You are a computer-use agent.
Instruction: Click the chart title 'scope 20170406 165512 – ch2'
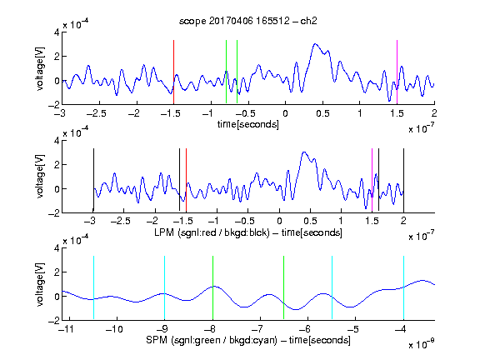[248, 21]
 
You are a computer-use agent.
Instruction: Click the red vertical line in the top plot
[173, 72]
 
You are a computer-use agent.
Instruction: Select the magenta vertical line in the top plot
[397, 72]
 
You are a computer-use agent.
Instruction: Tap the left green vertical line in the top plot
[226, 72]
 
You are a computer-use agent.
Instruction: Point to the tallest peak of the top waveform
[315, 44]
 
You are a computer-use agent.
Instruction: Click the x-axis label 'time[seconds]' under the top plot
[248, 124]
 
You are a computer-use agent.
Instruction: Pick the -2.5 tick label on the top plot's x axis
[96, 113]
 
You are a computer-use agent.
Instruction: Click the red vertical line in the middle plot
[186, 180]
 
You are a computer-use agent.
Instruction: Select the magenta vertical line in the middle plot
[372, 180]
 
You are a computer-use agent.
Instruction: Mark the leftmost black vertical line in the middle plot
[93, 180]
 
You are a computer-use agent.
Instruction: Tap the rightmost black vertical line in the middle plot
[403, 180]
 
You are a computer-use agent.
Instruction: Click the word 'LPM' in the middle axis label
[164, 232]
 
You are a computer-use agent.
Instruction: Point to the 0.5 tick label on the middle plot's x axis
[310, 221]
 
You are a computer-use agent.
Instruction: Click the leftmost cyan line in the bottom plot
[93, 287]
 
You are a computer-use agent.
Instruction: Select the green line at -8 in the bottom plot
[212, 287]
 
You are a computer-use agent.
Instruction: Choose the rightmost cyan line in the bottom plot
[403, 287]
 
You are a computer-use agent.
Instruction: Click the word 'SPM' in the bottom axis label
[157, 340]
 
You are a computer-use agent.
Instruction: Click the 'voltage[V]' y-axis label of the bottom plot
[40, 285]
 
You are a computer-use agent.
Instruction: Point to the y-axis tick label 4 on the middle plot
[57, 141]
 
